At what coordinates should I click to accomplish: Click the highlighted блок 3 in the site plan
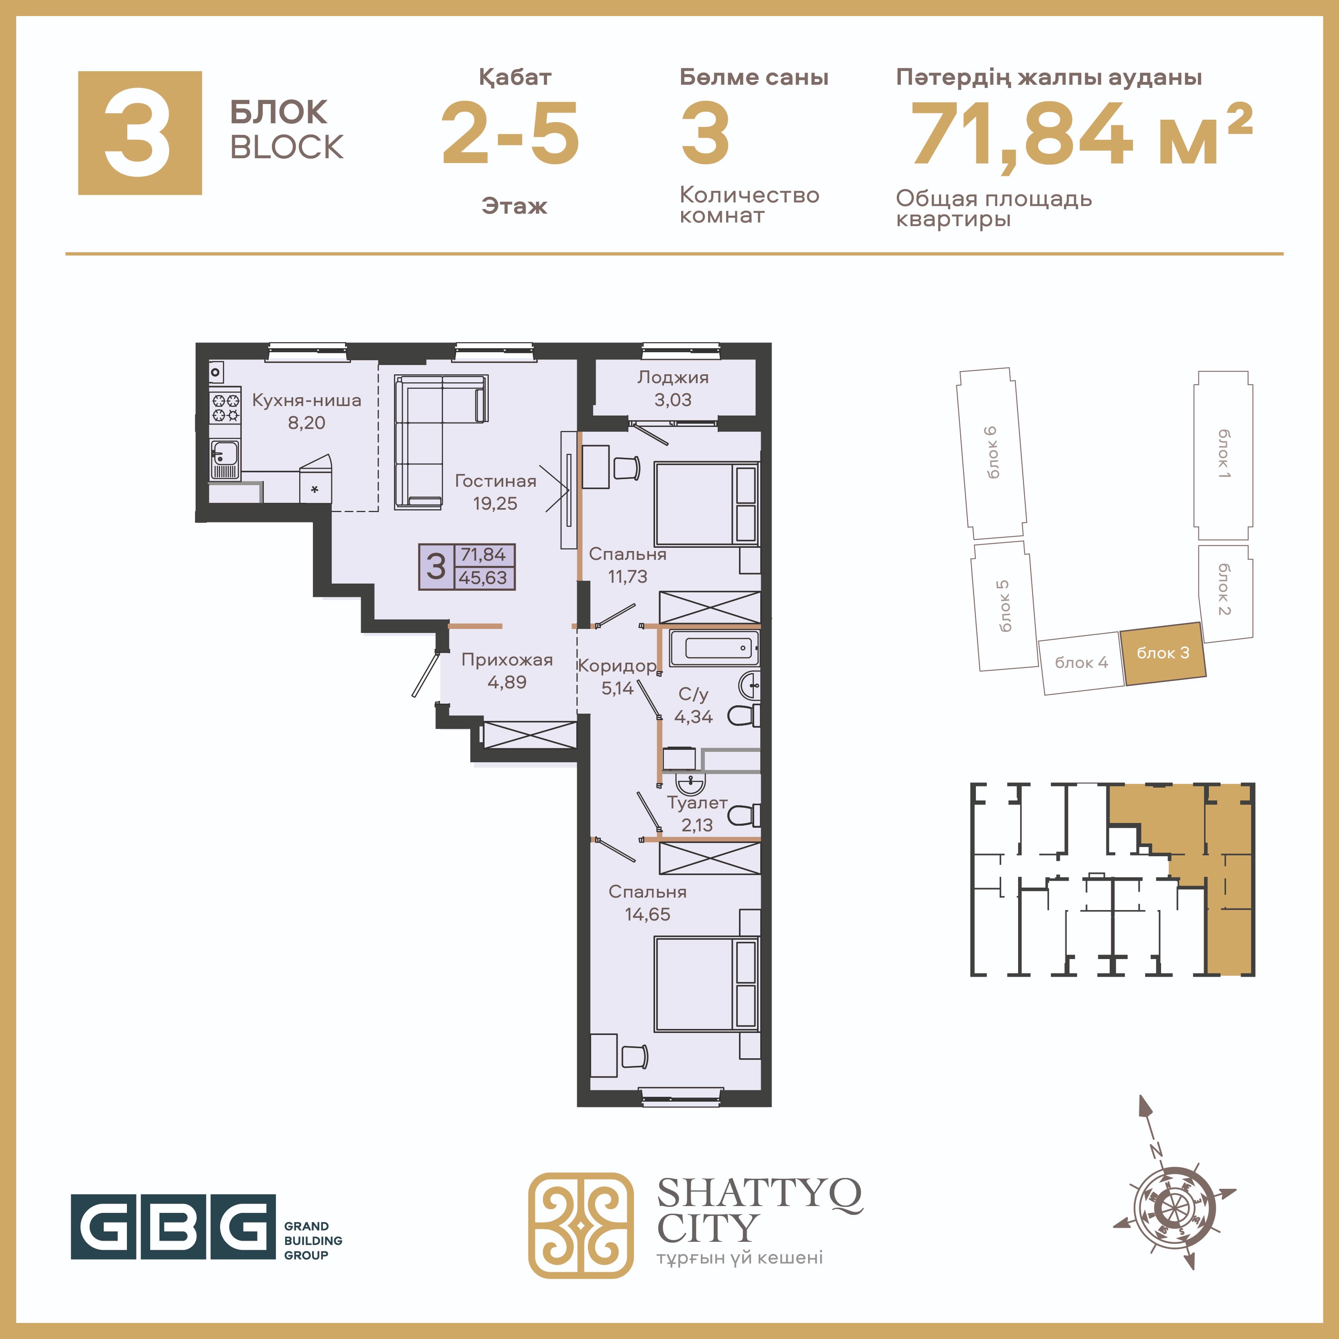pyautogui.click(x=1163, y=653)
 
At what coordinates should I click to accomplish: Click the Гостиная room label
pyautogui.click(x=496, y=481)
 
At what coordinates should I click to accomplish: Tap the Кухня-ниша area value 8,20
pyautogui.click(x=306, y=423)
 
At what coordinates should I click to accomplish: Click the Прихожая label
pyautogui.click(x=507, y=660)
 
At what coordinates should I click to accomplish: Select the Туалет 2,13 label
pyautogui.click(x=697, y=814)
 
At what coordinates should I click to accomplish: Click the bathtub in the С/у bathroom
pyautogui.click(x=714, y=648)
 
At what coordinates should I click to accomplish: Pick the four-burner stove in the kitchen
pyautogui.click(x=225, y=407)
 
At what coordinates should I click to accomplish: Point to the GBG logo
pyautogui.click(x=206, y=1227)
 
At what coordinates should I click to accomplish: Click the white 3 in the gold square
pyautogui.click(x=138, y=133)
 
